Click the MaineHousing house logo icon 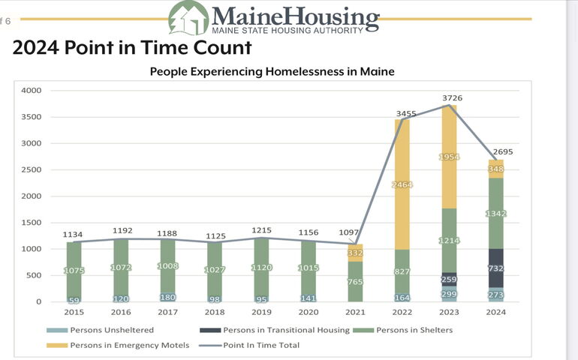pyautogui.click(x=188, y=18)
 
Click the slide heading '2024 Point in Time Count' pyautogui.click(x=132, y=48)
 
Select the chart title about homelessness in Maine pyautogui.click(x=272, y=72)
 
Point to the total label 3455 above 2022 pyautogui.click(x=406, y=113)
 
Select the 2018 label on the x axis pyautogui.click(x=214, y=311)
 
